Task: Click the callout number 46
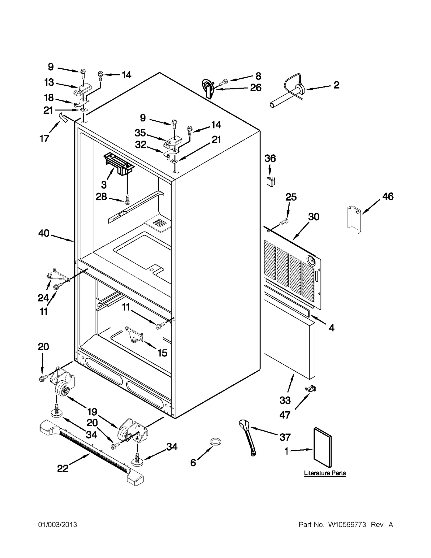pyautogui.click(x=388, y=196)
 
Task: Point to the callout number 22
pyautogui.click(x=63, y=469)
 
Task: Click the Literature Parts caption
pyautogui.click(x=325, y=473)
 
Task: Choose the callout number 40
pyautogui.click(x=44, y=233)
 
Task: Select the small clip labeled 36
pyautogui.click(x=270, y=182)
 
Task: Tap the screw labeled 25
pyautogui.click(x=284, y=222)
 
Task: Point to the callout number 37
pyautogui.click(x=285, y=437)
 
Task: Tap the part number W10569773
pyautogui.click(x=347, y=525)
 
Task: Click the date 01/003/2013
pyautogui.click(x=58, y=525)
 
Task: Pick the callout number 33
pyautogui.click(x=285, y=400)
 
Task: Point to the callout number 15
pyautogui.click(x=162, y=353)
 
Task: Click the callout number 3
pyautogui.click(x=104, y=185)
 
